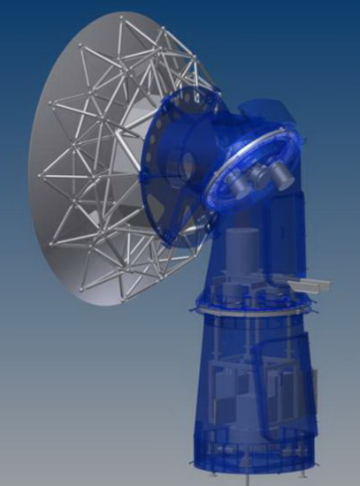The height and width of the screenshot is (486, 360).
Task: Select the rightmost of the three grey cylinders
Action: pos(282,177)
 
